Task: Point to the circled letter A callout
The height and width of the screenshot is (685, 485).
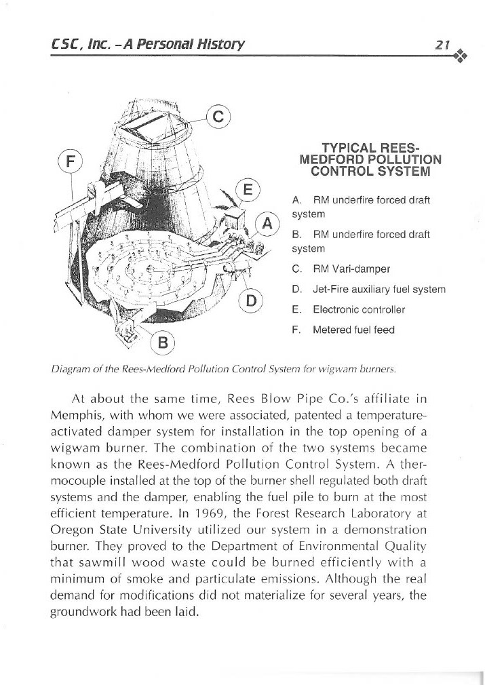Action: click(x=267, y=222)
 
